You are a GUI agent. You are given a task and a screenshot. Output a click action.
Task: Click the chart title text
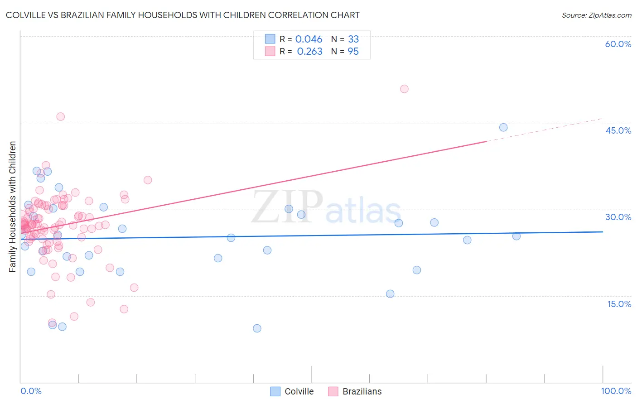pyautogui.click(x=183, y=15)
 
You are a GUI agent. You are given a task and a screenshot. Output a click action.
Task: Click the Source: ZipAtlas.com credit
pyautogui.click(x=596, y=15)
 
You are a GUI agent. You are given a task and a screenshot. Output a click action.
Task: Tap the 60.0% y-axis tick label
pyautogui.click(x=618, y=44)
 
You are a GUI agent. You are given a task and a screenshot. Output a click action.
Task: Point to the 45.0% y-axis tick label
pyautogui.click(x=618, y=130)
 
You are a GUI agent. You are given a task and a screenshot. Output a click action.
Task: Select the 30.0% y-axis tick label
pyautogui.click(x=618, y=217)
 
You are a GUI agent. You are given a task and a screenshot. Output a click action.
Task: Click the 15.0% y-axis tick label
pyautogui.click(x=619, y=304)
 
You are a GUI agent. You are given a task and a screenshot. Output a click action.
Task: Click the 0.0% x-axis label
pyautogui.click(x=31, y=391)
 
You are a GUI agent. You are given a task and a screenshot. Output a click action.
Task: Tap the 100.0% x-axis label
pyautogui.click(x=616, y=391)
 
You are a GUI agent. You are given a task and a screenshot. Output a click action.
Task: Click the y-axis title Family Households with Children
pyautogui.click(x=13, y=207)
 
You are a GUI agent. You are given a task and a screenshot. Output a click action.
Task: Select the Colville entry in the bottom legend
pyautogui.click(x=292, y=391)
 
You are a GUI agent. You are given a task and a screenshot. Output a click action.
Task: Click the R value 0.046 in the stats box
pyautogui.click(x=309, y=39)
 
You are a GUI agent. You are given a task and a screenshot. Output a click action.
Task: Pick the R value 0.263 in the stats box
pyautogui.click(x=309, y=52)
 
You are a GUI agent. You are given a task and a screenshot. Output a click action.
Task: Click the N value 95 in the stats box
pyautogui.click(x=353, y=52)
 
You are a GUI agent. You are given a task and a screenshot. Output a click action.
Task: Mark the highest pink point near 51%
pyautogui.click(x=404, y=89)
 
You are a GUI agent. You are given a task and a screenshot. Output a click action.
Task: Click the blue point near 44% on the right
pyautogui.click(x=503, y=127)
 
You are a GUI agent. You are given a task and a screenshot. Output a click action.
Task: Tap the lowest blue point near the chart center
pyautogui.click(x=257, y=328)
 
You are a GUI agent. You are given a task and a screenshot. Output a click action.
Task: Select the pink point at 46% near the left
pyautogui.click(x=60, y=116)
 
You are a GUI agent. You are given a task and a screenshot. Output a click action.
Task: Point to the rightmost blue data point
pyautogui.click(x=516, y=236)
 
